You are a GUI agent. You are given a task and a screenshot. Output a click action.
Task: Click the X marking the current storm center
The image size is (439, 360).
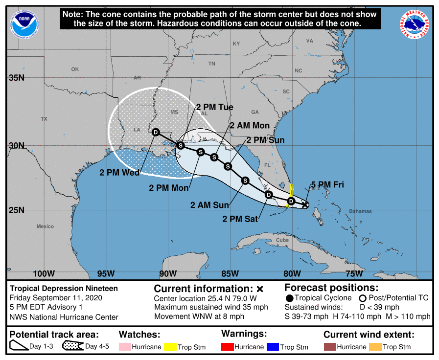pyautogui.click(x=305, y=205)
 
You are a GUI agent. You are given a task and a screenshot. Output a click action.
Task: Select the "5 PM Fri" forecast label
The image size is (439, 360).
pyautogui.click(x=327, y=184)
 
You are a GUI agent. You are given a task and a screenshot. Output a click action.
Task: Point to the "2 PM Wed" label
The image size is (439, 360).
pyautogui.click(x=119, y=172)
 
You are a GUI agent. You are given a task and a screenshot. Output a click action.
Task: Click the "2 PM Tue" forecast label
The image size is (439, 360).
pyautogui.click(x=215, y=107)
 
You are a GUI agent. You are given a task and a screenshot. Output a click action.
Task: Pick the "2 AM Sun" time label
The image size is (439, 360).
pyautogui.click(x=210, y=205)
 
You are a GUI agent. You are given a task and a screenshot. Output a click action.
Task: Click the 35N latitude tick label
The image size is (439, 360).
pyautogui.click(x=17, y=78)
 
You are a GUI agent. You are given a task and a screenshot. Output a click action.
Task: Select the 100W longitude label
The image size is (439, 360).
pyautogui.click(x=44, y=273)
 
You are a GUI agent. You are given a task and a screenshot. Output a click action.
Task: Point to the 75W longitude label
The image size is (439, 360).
pyautogui.click(x=354, y=273)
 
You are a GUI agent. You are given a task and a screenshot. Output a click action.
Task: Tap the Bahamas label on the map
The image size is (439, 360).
pyautogui.click(x=360, y=211)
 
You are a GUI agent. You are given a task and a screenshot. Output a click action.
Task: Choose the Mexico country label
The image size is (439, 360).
pyautogui.click(x=45, y=226)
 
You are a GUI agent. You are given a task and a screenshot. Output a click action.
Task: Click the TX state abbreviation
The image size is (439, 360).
pyautogui.click(x=44, y=119)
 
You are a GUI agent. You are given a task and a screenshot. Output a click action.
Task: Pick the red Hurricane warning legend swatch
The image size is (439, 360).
pyautogui.click(x=227, y=347)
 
